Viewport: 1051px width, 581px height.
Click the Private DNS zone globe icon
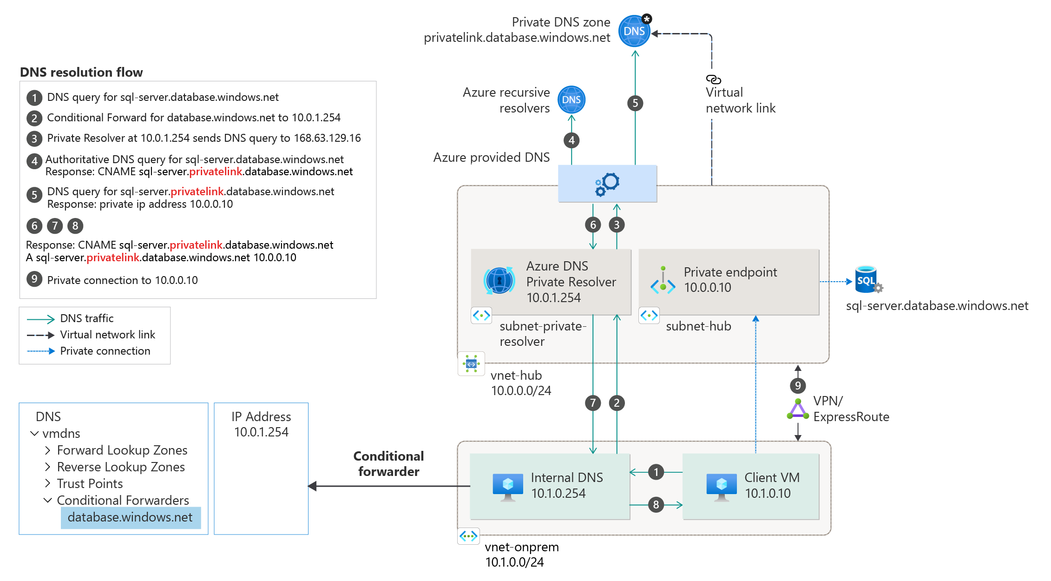tap(634, 31)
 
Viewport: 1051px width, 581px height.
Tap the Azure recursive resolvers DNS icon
tap(571, 99)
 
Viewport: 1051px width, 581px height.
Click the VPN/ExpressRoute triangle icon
tap(798, 409)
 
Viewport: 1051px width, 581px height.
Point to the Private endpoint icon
tap(663, 280)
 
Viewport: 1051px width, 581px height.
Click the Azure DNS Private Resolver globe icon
tap(499, 280)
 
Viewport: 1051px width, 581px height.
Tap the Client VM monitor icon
tap(721, 486)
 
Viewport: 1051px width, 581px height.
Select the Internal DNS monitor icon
tap(507, 486)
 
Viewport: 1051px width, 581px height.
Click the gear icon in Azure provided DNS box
tap(607, 184)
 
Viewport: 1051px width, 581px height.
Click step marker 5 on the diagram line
tap(635, 103)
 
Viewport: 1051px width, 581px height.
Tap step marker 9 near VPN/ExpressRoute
tap(798, 385)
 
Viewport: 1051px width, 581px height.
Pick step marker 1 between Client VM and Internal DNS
tap(656, 472)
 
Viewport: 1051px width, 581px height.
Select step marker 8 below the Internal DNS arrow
tap(656, 504)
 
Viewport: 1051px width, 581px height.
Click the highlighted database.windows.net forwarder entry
tap(131, 517)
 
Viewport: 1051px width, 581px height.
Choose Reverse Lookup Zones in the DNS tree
tap(121, 467)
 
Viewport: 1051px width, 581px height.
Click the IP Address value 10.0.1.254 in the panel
tap(261, 432)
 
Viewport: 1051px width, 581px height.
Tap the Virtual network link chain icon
tap(713, 79)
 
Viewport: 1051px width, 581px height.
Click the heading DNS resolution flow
tap(81, 72)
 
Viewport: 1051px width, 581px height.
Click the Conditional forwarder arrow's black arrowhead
tap(312, 486)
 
